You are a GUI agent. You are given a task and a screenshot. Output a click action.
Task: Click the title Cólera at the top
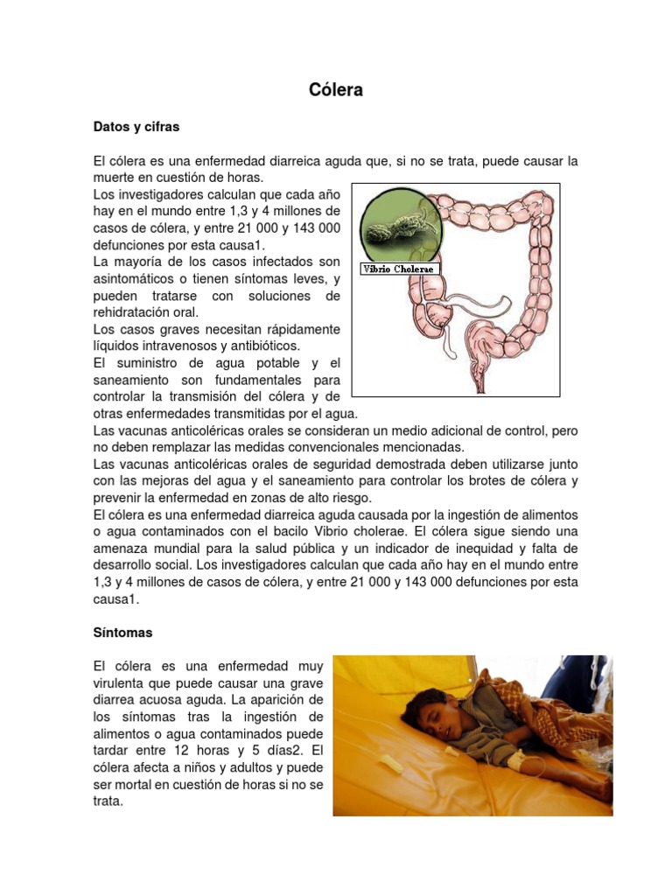(336, 90)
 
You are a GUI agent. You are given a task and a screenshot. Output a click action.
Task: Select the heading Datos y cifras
(136, 127)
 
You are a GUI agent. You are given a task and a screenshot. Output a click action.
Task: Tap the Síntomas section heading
(123, 631)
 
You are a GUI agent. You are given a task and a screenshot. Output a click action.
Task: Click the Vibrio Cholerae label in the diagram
(398, 269)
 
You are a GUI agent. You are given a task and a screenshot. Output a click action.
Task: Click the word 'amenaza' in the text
(122, 549)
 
